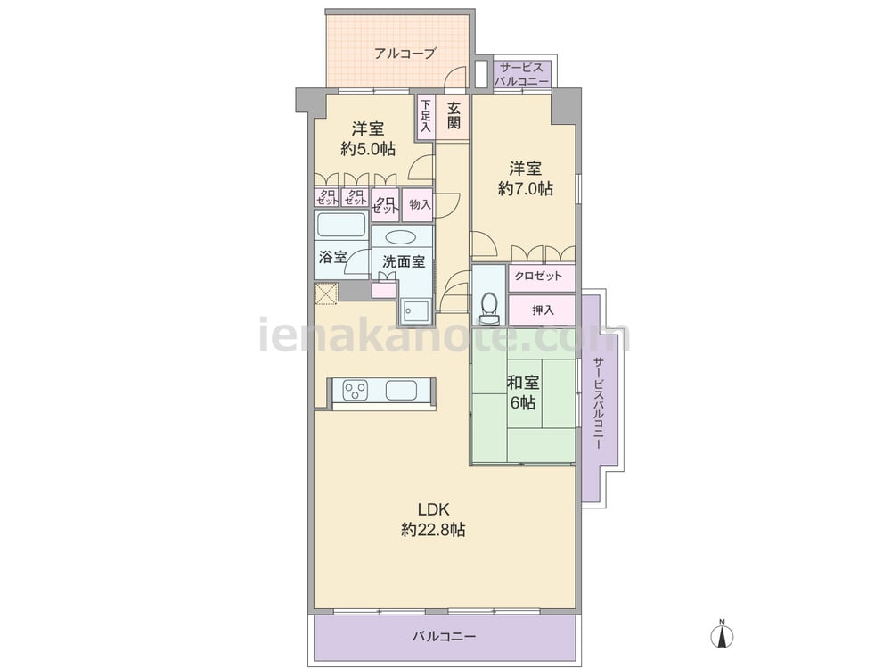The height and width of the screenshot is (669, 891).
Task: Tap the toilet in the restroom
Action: (x=488, y=307)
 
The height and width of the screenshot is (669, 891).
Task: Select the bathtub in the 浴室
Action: (x=341, y=225)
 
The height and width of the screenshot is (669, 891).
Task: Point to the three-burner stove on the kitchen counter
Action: (x=356, y=391)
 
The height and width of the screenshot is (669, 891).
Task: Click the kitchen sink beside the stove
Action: (x=401, y=391)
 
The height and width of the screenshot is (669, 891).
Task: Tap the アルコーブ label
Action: (x=405, y=54)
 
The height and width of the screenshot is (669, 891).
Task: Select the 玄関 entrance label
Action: (x=454, y=115)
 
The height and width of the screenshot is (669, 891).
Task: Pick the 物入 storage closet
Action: (x=419, y=205)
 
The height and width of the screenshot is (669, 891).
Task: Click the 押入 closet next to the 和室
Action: (x=542, y=310)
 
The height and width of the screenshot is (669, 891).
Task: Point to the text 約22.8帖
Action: (x=433, y=530)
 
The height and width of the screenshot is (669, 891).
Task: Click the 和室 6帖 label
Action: (x=522, y=392)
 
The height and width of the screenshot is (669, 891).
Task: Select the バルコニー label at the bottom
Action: (x=444, y=636)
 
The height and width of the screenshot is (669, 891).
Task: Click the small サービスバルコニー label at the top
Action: (x=521, y=75)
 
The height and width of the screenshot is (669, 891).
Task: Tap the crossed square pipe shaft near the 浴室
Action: (x=327, y=294)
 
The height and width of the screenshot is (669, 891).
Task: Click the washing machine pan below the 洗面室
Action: (x=416, y=310)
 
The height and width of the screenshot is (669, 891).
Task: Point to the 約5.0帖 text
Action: (x=368, y=149)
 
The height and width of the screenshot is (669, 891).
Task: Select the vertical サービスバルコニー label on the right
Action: (x=598, y=403)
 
